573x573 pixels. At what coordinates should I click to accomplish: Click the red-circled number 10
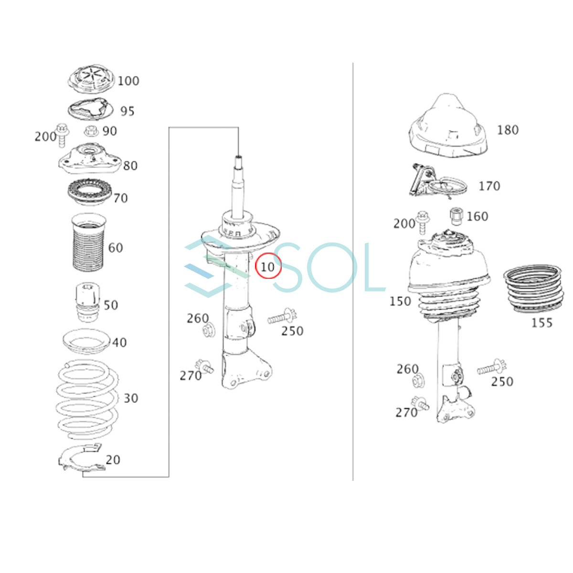267,267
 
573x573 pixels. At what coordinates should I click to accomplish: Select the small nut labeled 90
91,131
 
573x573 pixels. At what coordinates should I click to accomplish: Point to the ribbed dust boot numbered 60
88,243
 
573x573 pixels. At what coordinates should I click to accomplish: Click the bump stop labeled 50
88,302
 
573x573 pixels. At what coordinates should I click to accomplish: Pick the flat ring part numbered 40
86,341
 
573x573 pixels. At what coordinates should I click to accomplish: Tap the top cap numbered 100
91,79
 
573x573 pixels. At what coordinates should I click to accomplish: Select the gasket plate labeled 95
90,109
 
